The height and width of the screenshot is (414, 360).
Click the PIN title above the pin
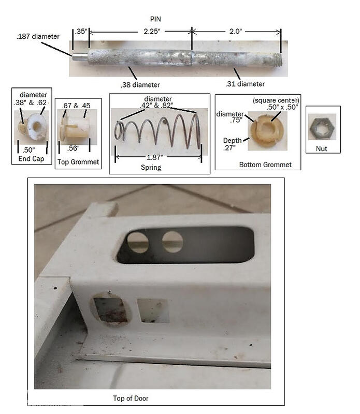pyautogui.click(x=155, y=19)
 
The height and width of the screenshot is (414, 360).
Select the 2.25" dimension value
pyautogui.click(x=152, y=32)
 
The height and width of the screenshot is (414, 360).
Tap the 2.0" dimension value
pyautogui.click(x=235, y=32)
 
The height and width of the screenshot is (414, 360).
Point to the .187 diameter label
pyautogui.click(x=38, y=36)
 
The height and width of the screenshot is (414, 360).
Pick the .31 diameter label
pyautogui.click(x=245, y=84)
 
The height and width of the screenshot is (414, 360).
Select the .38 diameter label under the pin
pyautogui.click(x=140, y=85)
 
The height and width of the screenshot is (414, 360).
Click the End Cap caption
pyautogui.click(x=31, y=159)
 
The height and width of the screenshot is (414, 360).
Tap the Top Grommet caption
pyautogui.click(x=78, y=162)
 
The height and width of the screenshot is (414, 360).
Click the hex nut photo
pyautogui.click(x=322, y=127)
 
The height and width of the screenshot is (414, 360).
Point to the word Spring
pyautogui.click(x=151, y=167)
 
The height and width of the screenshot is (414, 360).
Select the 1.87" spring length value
pyautogui.click(x=155, y=158)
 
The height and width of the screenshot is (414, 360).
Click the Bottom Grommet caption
pyautogui.click(x=265, y=165)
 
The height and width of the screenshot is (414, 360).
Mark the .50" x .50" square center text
pyautogui.click(x=282, y=107)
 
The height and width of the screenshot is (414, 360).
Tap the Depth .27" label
pyautogui.click(x=233, y=144)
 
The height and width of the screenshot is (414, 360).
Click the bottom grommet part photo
pyautogui.click(x=267, y=131)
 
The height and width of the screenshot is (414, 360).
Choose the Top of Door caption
pyautogui.click(x=131, y=398)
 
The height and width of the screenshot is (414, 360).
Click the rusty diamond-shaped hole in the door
pyautogui.click(x=111, y=309)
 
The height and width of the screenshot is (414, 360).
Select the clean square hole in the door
pyautogui.click(x=153, y=310)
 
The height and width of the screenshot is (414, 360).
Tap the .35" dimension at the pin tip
pyautogui.click(x=81, y=32)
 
